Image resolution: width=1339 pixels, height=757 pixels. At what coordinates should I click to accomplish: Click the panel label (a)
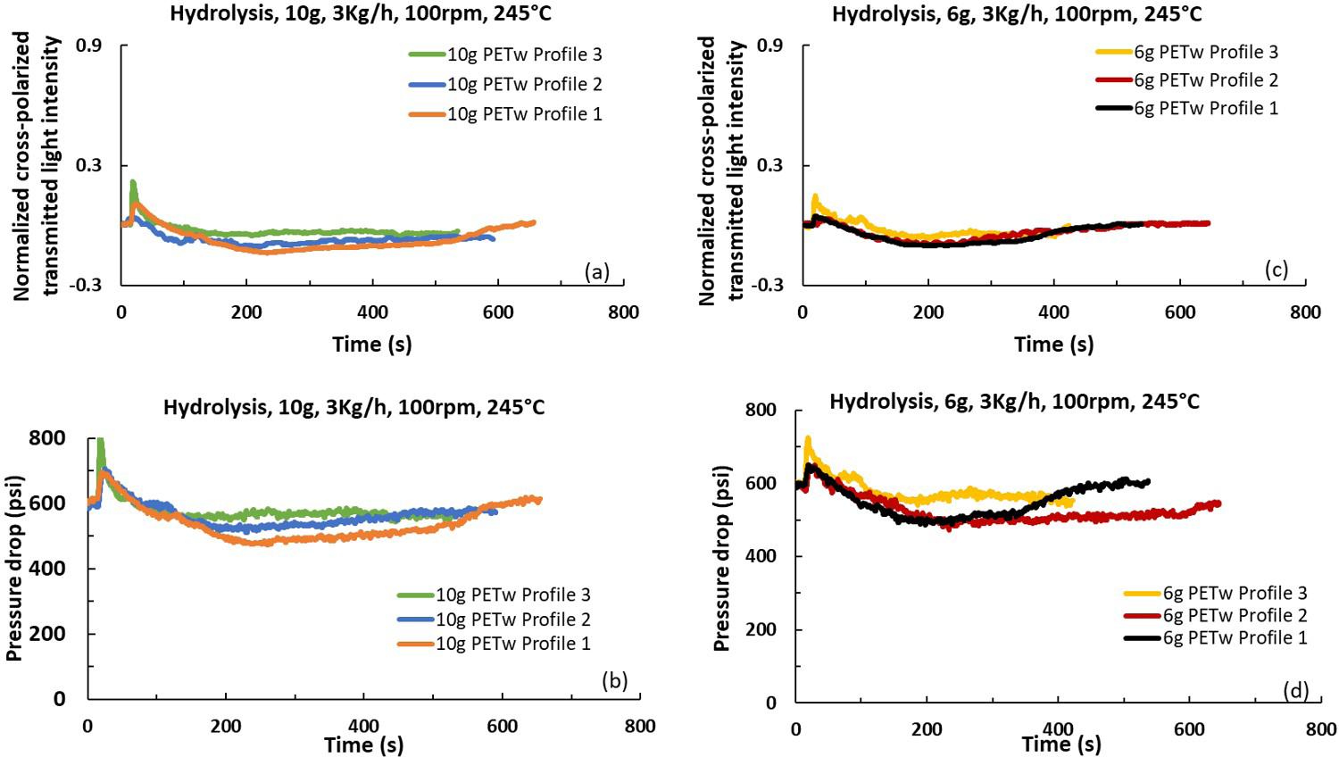[596, 271]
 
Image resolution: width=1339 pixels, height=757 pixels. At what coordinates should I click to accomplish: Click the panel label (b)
[615, 680]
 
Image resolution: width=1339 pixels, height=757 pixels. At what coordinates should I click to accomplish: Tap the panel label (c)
[1276, 269]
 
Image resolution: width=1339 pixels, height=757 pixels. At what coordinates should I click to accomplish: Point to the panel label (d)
[1295, 689]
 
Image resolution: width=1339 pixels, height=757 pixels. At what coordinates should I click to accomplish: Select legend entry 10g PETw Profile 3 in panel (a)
[524, 54]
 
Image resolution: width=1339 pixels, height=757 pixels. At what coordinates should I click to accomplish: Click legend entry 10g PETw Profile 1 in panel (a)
[524, 114]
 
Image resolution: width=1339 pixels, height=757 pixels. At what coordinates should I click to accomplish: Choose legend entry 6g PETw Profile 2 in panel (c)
[1205, 80]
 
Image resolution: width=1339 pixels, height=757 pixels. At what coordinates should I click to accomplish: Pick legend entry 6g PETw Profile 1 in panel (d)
[1235, 638]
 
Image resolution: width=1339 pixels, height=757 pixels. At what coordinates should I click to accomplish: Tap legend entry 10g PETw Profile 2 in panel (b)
[512, 620]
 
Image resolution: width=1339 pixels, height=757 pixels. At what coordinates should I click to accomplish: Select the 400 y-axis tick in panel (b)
[51, 569]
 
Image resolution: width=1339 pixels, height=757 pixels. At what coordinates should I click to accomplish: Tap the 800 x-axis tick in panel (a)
[623, 312]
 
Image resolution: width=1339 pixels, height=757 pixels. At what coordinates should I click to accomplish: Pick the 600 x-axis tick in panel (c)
[1180, 312]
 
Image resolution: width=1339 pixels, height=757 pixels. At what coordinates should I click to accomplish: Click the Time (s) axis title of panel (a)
[372, 344]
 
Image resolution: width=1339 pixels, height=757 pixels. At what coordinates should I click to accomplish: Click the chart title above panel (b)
[353, 408]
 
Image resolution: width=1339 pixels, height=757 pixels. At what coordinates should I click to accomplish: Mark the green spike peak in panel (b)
[101, 440]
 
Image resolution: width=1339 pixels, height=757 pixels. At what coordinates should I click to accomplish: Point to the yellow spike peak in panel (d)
[808, 438]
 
